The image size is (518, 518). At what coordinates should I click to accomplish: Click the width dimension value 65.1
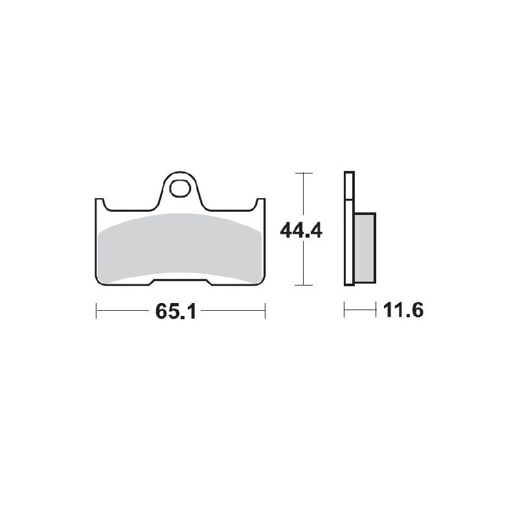175,311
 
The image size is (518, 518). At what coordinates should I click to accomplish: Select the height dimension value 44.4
301,230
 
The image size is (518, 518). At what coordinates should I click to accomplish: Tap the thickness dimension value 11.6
402,311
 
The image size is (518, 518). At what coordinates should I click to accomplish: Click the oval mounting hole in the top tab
181,189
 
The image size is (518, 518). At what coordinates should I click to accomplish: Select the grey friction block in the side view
365,248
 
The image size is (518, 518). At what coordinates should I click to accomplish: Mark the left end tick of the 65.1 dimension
96,311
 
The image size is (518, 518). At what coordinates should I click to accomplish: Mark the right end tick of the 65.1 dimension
265,311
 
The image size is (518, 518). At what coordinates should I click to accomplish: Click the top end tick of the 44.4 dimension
303,173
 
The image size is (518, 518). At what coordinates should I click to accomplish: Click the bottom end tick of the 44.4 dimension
303,285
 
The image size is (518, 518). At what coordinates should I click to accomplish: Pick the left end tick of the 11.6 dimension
344,311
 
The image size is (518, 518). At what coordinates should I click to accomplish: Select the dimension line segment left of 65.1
123,311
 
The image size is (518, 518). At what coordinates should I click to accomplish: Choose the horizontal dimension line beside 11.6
360,311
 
